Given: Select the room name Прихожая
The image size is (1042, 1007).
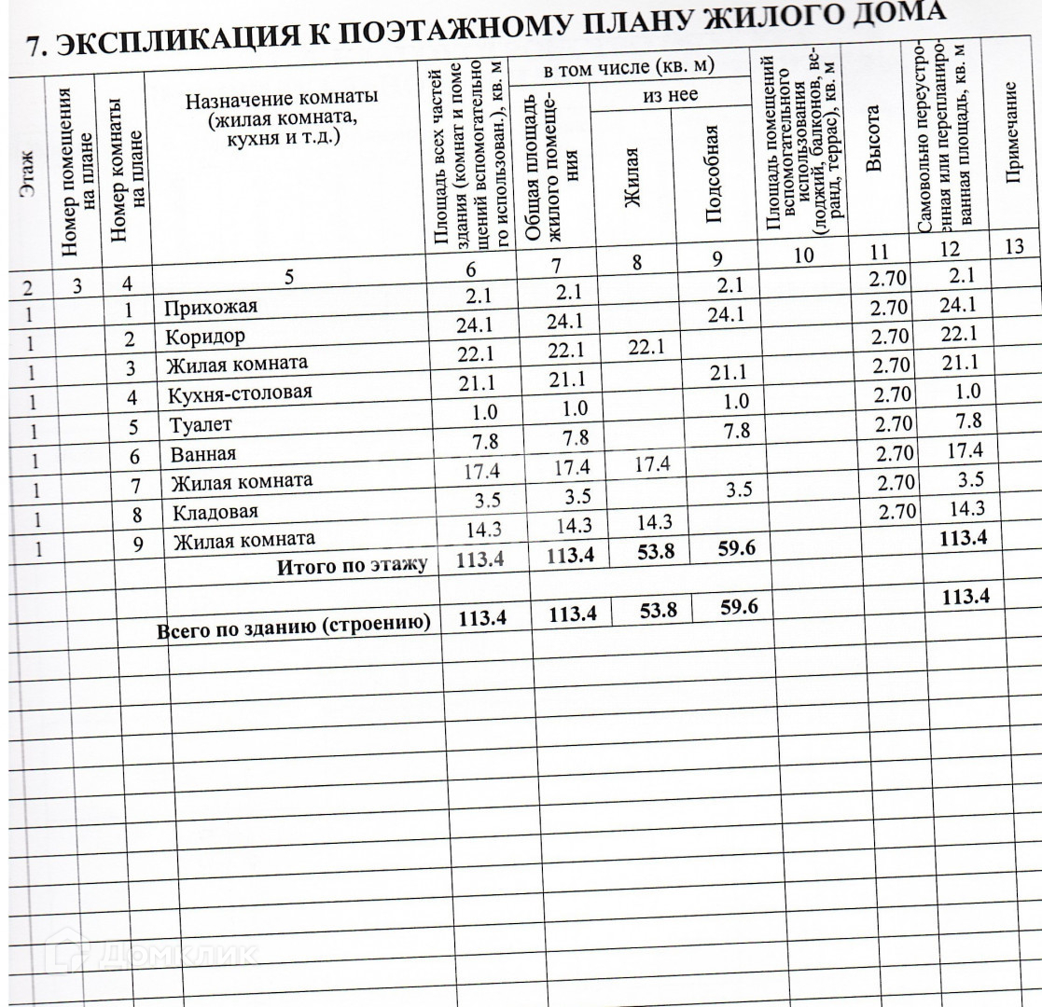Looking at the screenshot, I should [x=209, y=307].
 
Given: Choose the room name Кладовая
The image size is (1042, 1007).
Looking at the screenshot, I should [x=214, y=512].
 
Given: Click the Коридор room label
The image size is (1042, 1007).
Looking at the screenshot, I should [x=205, y=336].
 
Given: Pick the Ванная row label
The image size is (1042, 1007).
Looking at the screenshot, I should [x=203, y=454].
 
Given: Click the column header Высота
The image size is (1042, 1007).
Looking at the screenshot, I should [x=874, y=140].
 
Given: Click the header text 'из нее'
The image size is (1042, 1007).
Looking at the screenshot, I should [x=671, y=96].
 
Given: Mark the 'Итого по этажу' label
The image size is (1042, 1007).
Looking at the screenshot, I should [x=352, y=565].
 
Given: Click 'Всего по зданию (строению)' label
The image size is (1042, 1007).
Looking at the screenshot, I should [x=294, y=626].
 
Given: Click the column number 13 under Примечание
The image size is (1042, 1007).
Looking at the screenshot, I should [x=1016, y=246].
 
